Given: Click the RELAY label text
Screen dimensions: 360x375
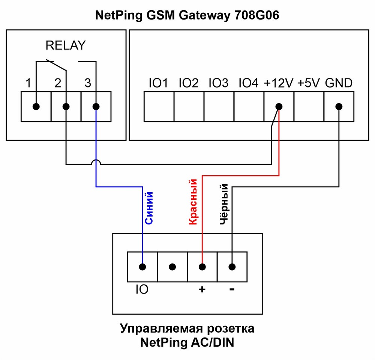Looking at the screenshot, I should point(66,45).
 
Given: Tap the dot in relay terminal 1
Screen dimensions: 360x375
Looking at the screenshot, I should point(36,107).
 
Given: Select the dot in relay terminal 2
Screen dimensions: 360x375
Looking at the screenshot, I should point(66,107).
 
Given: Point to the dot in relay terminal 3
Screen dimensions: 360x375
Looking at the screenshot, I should point(96,107).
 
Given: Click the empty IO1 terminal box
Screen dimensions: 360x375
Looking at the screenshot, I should point(159,107).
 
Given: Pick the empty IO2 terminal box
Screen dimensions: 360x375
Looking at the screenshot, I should point(189,107).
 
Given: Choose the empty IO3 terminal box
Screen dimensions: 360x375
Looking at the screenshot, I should point(219,107).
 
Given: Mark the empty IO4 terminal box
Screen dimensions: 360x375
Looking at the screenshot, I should point(249,107).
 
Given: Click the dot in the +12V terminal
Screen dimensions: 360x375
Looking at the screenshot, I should point(279,107).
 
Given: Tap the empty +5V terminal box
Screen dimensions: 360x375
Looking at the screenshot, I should point(309,107).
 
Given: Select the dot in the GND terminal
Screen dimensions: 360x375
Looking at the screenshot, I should point(339,107).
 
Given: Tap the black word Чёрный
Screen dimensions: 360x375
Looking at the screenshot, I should point(224,204).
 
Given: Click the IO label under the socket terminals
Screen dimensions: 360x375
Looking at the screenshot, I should point(142,289).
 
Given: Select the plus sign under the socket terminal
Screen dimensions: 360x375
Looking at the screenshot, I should point(202,289).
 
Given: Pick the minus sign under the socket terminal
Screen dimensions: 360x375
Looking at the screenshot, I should point(232,289).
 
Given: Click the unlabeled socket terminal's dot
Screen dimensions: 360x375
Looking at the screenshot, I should point(172,267).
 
